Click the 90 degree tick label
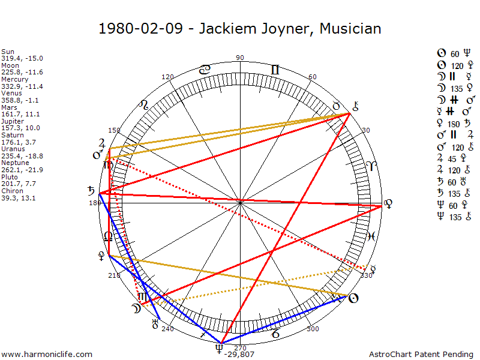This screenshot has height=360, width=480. click(x=240, y=58)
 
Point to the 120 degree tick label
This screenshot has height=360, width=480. click(x=167, y=77)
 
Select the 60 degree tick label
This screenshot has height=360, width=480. click(x=312, y=77)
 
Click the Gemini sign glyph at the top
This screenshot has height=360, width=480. click(x=275, y=70)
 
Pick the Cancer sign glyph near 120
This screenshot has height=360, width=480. click(x=205, y=70)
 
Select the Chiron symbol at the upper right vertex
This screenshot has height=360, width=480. click(x=355, y=107)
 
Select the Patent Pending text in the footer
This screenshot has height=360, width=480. click(x=449, y=355)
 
